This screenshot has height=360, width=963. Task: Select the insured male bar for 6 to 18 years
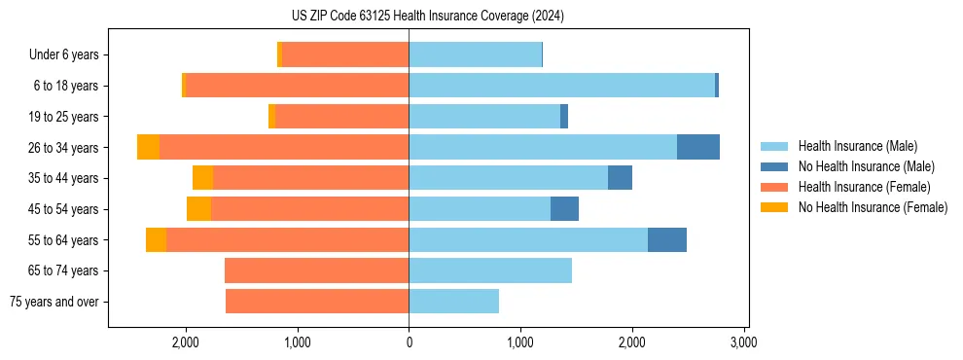[561, 86]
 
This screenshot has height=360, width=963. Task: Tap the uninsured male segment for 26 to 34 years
[697, 147]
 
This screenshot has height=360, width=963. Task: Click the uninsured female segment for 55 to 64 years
[156, 239]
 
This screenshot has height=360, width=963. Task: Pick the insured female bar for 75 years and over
[317, 302]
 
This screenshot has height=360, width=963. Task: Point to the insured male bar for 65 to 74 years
[490, 270]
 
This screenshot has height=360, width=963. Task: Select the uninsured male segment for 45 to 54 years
[564, 209]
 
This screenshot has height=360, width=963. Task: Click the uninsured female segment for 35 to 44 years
[202, 178]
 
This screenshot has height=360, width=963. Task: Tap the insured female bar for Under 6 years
[345, 54]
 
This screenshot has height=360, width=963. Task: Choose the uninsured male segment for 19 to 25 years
[564, 117]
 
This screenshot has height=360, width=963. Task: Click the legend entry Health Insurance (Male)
[857, 146]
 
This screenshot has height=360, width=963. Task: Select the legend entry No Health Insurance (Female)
[873, 207]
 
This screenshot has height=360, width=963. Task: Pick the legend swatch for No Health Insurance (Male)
[774, 166]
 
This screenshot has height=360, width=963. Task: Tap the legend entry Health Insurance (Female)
[864, 187]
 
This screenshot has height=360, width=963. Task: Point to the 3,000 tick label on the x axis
[743, 342]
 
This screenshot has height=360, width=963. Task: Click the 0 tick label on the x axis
[409, 342]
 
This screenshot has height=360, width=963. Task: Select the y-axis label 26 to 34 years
[63, 148]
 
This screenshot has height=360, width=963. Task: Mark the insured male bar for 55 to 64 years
[528, 239]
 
